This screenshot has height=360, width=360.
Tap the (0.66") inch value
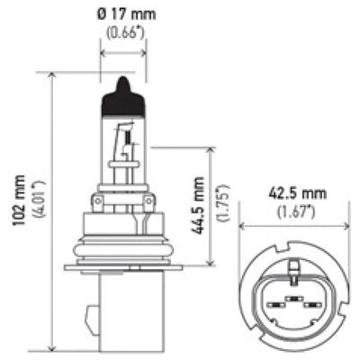123,37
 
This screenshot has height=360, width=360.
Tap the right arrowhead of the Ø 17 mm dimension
144,52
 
